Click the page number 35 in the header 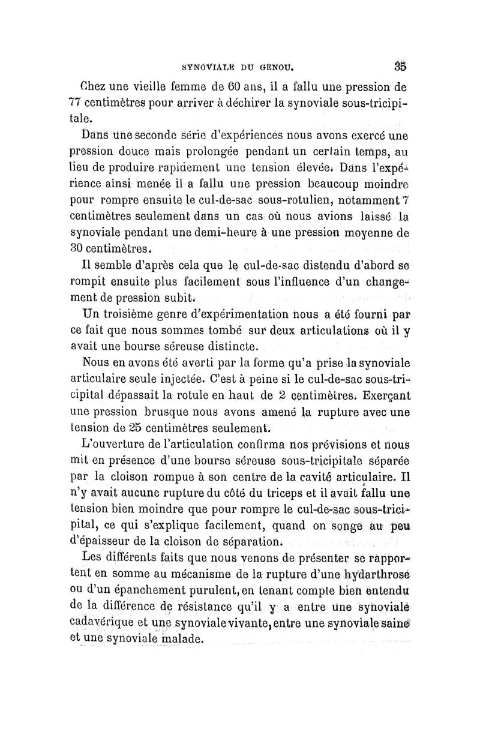(x=401, y=65)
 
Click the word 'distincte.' (x=228, y=347)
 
